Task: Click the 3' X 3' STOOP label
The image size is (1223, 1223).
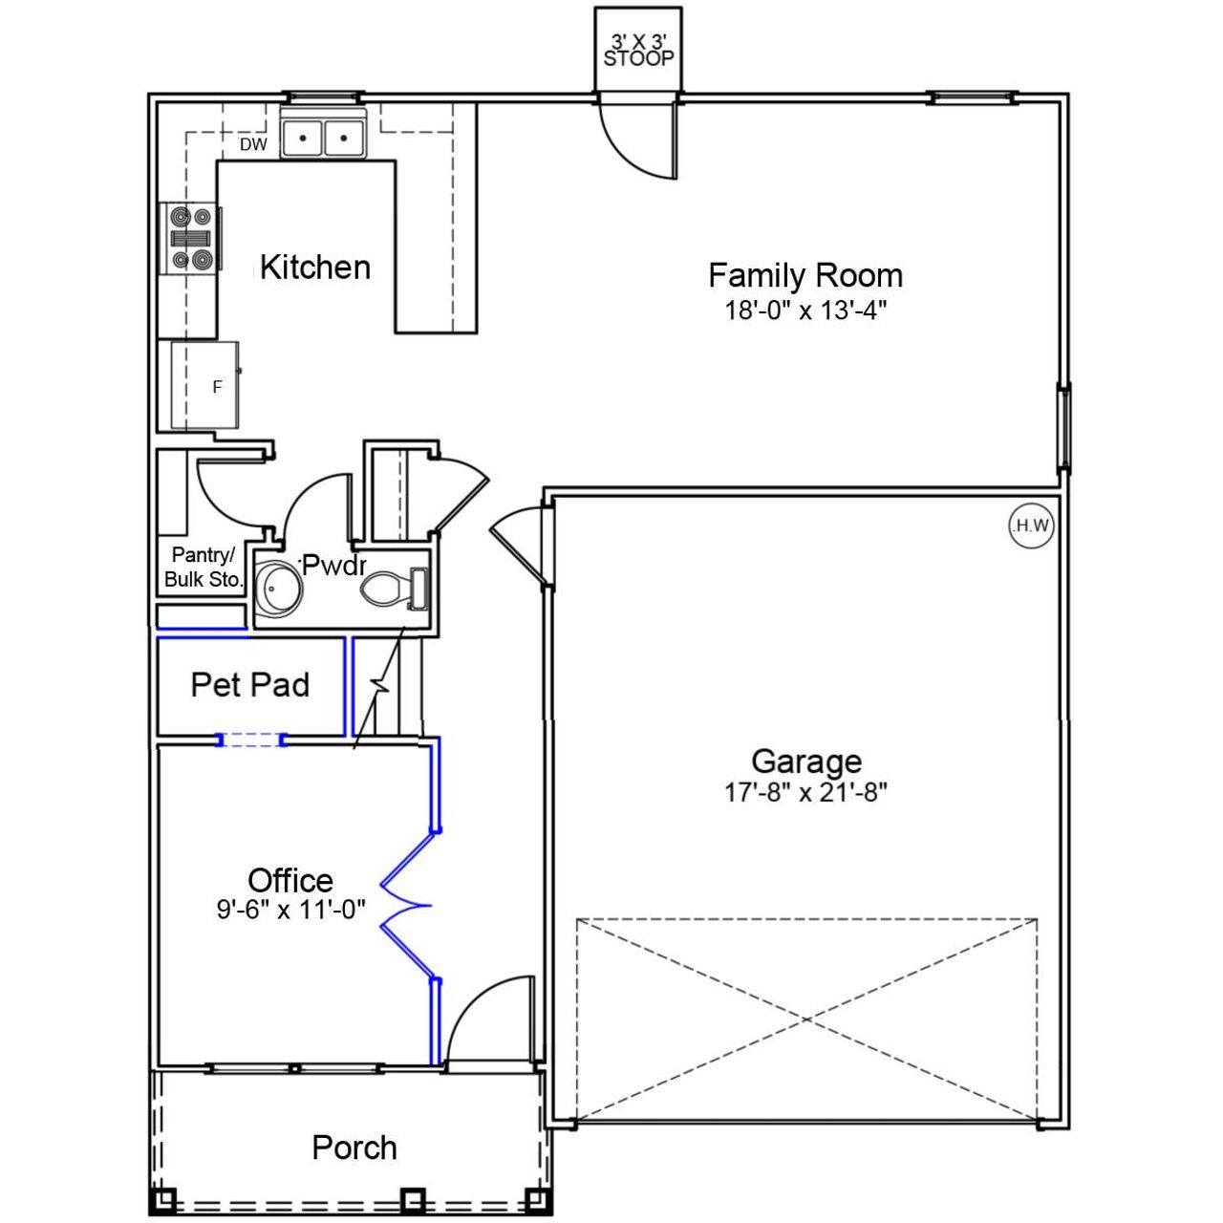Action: click(x=638, y=50)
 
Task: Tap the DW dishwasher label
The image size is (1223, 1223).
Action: click(x=253, y=144)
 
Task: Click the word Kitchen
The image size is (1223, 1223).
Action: click(x=315, y=268)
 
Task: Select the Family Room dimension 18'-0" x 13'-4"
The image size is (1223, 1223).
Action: click(x=805, y=311)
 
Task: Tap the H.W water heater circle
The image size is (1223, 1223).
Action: click(x=1032, y=526)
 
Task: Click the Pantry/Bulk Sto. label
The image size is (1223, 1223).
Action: click(x=204, y=568)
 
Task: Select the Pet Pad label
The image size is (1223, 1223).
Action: click(x=250, y=685)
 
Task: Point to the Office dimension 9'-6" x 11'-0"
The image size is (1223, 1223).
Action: click(x=290, y=910)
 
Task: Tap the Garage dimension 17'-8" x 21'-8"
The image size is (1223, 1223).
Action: click(x=805, y=792)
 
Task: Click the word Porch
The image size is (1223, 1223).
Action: click(x=354, y=1148)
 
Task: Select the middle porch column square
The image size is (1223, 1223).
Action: click(x=412, y=1197)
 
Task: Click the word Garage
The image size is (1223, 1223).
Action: click(x=805, y=762)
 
